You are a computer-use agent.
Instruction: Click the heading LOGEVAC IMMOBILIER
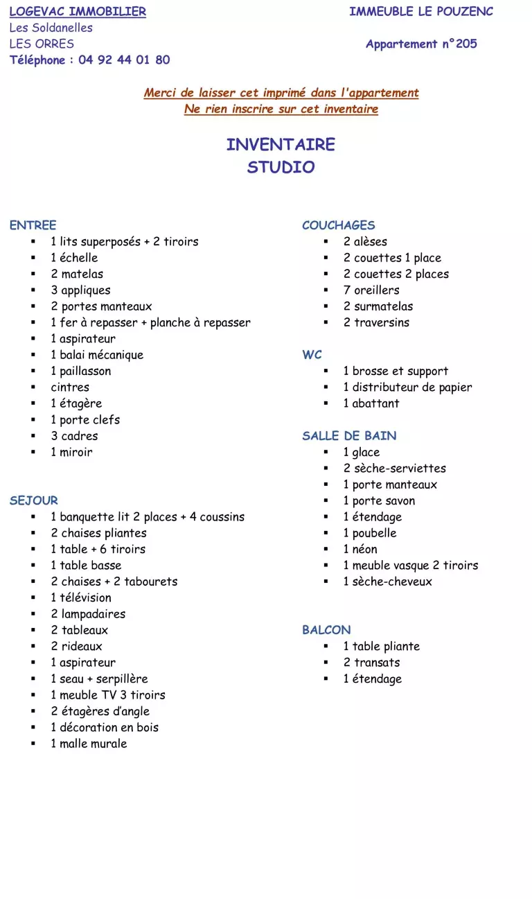pyautogui.click(x=78, y=12)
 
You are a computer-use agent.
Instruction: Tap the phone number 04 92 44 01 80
pyautogui.click(x=124, y=60)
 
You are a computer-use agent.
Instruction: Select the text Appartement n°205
pyautogui.click(x=421, y=44)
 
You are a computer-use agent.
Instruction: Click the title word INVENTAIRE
pyautogui.click(x=281, y=145)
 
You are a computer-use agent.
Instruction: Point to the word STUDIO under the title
pyautogui.click(x=281, y=167)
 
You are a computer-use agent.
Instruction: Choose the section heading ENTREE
pyautogui.click(x=33, y=225)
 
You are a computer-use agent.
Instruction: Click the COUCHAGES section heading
pyautogui.click(x=338, y=225)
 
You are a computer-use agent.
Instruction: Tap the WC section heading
pyautogui.click(x=312, y=355)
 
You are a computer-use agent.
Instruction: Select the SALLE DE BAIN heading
pyautogui.click(x=349, y=436)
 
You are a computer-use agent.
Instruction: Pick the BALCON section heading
pyautogui.click(x=326, y=630)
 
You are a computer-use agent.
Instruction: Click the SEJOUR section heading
pyautogui.click(x=34, y=500)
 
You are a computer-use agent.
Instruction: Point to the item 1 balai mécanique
pyautogui.click(x=97, y=355)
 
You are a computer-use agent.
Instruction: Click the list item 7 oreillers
pyautogui.click(x=371, y=290)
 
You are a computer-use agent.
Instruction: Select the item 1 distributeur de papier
pyautogui.click(x=407, y=387)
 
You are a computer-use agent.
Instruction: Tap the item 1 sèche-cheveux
pyautogui.click(x=387, y=582)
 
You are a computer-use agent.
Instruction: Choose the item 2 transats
pyautogui.click(x=371, y=663)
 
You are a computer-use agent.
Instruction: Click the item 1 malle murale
pyautogui.click(x=89, y=744)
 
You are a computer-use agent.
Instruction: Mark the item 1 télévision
pyautogui.click(x=80, y=597)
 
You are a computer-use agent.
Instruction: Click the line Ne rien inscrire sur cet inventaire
pyautogui.click(x=281, y=110)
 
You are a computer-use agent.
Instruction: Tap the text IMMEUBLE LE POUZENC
pyautogui.click(x=421, y=12)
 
